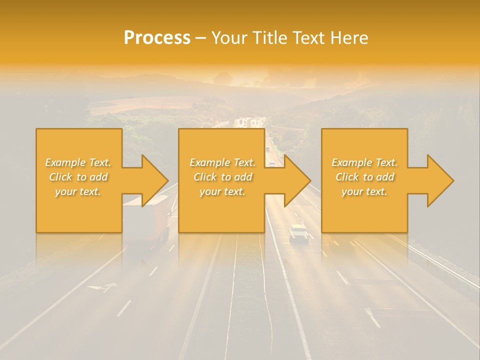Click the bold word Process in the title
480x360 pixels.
point(157,37)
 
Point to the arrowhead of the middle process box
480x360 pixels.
point(296,180)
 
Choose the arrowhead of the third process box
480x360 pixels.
point(439,180)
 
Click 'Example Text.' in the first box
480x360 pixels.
point(78,162)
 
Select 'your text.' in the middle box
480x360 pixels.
point(222,191)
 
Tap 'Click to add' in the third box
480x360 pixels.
point(364,177)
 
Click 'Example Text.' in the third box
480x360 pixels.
point(364,162)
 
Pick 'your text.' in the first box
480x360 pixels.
point(78,191)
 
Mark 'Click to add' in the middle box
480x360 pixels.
point(222,177)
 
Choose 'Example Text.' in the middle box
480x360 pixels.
point(222,162)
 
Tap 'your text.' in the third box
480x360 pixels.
point(364,191)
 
